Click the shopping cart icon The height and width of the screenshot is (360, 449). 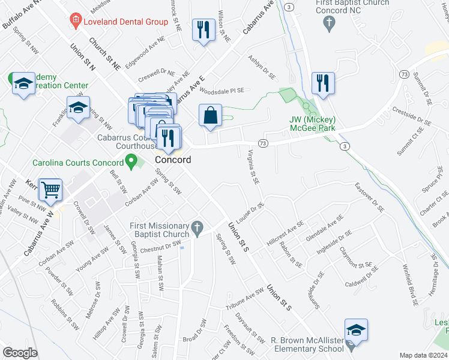[x=51, y=190]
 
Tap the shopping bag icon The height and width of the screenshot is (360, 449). [x=210, y=116]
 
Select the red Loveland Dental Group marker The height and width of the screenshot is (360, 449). [x=76, y=22]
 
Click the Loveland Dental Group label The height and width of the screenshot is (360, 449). [x=125, y=22]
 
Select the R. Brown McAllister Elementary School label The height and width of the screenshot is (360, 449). [x=307, y=344]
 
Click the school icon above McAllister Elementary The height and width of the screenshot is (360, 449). [x=356, y=330]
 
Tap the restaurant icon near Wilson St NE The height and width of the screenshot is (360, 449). [x=203, y=29]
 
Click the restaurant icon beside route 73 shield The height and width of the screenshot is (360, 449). [x=324, y=84]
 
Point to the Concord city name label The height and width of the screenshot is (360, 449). [x=173, y=160]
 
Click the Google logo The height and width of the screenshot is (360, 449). [x=20, y=353]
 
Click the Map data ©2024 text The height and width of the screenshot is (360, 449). [x=423, y=355]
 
